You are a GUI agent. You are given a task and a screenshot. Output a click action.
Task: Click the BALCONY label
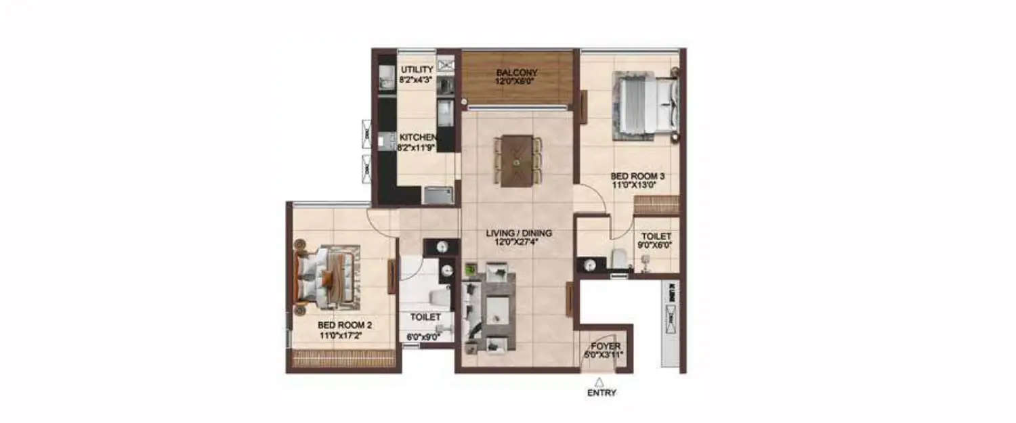[517, 73]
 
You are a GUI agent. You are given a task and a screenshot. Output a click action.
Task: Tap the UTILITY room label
[417, 70]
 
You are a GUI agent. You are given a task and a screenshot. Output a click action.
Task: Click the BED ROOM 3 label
[637, 177]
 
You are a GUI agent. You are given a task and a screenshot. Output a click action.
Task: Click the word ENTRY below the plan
[601, 393]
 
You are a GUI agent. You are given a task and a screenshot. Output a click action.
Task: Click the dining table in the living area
[517, 160]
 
